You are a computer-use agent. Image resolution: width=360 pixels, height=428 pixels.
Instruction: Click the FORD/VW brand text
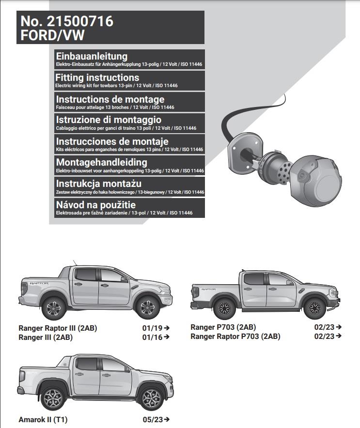tap(52, 35)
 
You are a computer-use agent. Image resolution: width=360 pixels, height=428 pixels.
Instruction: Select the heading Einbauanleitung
tap(92, 56)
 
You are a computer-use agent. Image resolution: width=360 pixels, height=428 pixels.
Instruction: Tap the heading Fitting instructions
tap(97, 77)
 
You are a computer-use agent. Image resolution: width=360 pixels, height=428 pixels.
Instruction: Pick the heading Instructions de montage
tap(110, 99)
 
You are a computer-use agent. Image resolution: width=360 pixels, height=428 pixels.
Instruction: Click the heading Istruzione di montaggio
tap(109, 120)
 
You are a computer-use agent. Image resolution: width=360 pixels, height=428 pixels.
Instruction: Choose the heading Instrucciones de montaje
tap(112, 141)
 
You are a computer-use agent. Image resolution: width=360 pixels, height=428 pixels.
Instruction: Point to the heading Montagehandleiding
tap(101, 163)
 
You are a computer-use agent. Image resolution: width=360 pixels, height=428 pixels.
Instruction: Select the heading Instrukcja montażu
tap(98, 184)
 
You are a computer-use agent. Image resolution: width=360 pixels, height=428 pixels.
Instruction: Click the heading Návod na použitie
tap(96, 205)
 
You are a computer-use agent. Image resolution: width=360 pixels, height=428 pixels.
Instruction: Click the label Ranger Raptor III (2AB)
tap(58, 328)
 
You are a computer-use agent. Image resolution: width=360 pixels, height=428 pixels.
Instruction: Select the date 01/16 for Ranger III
tap(152, 337)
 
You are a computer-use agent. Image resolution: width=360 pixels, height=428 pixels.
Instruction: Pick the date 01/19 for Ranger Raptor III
tap(152, 328)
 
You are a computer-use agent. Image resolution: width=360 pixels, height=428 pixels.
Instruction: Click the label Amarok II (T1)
tap(43, 420)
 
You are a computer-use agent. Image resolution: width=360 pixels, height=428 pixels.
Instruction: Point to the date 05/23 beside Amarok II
tap(153, 420)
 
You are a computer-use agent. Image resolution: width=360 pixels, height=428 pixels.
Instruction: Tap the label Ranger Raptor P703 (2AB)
tap(235, 336)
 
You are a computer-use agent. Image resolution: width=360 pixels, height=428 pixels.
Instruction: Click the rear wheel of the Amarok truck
tap(51, 398)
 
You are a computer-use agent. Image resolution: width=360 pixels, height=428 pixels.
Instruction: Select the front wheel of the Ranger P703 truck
tap(315, 308)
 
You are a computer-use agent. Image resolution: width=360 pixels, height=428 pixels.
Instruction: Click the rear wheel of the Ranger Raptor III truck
tap(51, 307)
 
